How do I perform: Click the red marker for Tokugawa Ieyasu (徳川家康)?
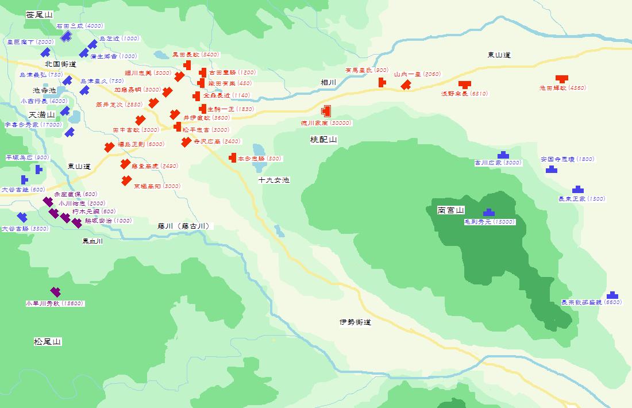pos(326,111)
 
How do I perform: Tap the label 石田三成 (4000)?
pos(80,26)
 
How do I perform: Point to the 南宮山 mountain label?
pos(450,210)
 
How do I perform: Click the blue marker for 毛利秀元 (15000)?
pos(489,213)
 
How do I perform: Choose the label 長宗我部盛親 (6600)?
pos(591,302)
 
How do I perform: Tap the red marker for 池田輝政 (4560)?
pos(561,79)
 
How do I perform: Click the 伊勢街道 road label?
pos(355,322)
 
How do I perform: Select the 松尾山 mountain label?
pos(48,342)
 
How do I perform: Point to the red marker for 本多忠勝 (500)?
pos(233,157)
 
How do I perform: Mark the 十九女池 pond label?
pos(274,180)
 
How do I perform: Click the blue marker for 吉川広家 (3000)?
pos(503,155)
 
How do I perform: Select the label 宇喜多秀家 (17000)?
pos(33,124)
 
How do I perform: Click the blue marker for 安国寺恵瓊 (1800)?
pos(551,169)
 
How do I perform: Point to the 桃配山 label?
pos(323,140)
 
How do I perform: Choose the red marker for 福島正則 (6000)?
pos(109,147)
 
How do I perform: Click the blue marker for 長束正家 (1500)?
pos(577,190)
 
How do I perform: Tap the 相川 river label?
pos(329,83)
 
